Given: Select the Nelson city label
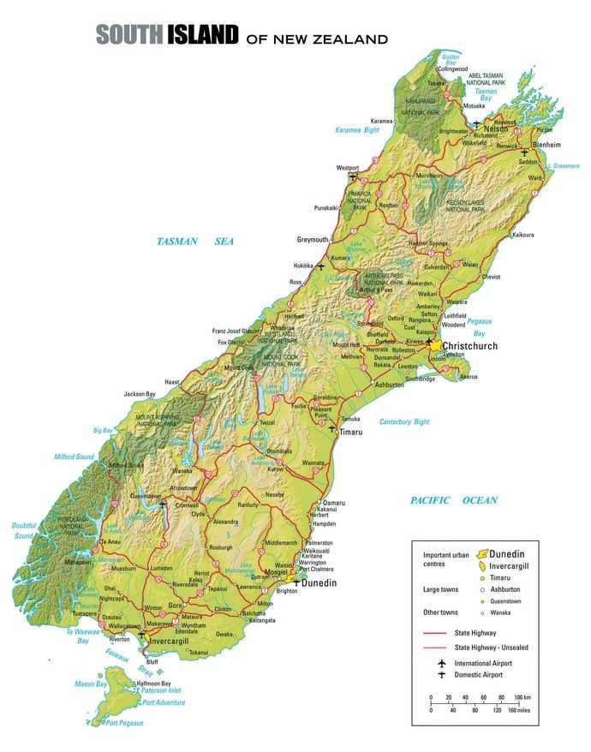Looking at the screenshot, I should (497, 128).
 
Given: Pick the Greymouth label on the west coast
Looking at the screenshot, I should (313, 239).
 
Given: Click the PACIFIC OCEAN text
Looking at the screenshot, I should (453, 500).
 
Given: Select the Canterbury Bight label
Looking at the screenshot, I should (404, 421).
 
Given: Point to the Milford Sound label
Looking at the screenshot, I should (74, 457).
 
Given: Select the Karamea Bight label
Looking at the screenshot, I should (357, 130).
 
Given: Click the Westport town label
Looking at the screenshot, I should (348, 168).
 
